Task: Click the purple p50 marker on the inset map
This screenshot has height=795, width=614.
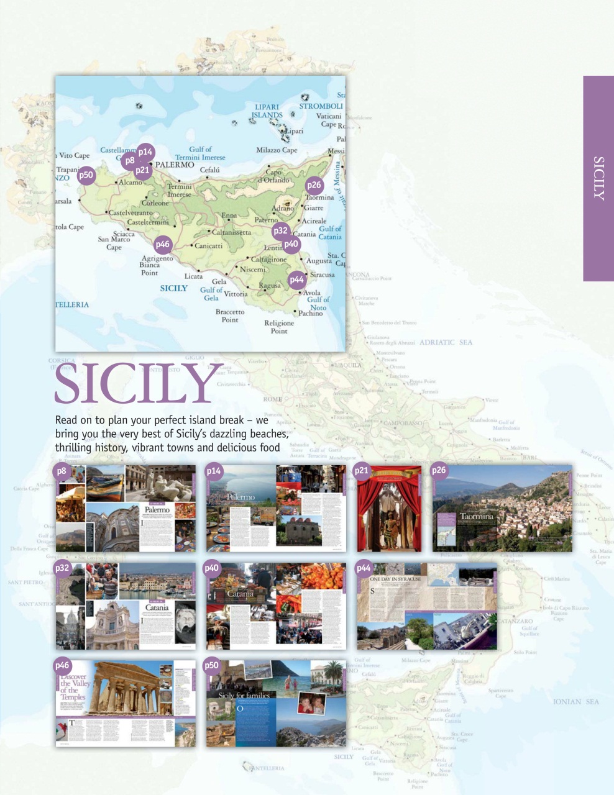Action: tap(86, 175)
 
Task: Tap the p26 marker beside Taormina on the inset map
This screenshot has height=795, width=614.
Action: tap(314, 185)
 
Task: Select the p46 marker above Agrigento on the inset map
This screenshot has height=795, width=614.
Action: tap(163, 244)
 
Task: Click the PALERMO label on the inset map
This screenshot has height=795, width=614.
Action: tap(175, 165)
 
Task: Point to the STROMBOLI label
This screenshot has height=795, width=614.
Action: tap(321, 106)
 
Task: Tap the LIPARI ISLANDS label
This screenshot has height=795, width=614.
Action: tap(267, 111)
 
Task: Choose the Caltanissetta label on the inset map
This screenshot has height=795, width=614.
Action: tap(232, 232)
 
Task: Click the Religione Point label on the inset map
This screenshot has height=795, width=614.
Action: tap(279, 327)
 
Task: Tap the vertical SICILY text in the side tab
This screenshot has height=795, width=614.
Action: tap(598, 178)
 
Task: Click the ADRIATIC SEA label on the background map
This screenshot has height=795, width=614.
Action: tap(446, 342)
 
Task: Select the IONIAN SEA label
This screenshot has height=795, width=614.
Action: tap(575, 702)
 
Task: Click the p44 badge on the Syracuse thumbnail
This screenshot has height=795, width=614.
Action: tap(364, 568)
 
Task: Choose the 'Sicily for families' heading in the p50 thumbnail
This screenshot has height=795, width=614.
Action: tap(244, 696)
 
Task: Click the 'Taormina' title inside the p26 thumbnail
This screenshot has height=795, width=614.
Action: tap(477, 516)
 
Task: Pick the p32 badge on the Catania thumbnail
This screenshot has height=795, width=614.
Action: tap(62, 568)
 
